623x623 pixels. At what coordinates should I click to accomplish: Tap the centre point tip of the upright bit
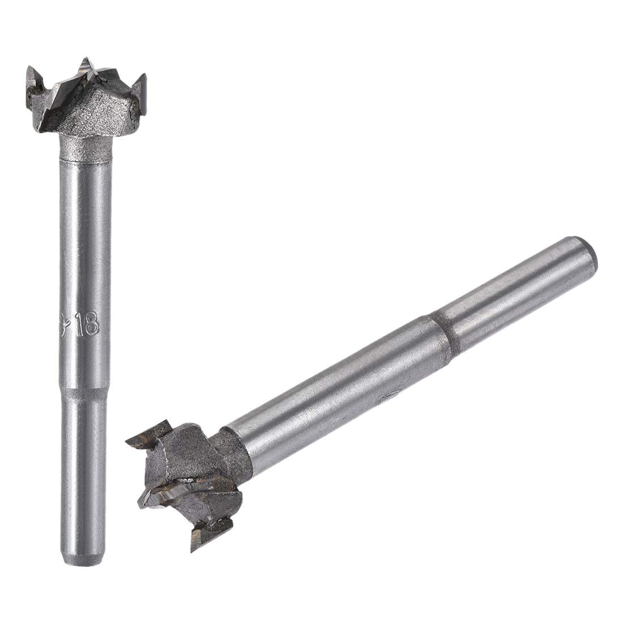click(86, 62)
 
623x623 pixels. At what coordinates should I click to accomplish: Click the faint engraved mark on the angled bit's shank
click(392, 394)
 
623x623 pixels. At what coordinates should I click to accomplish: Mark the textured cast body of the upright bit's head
click(108, 113)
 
